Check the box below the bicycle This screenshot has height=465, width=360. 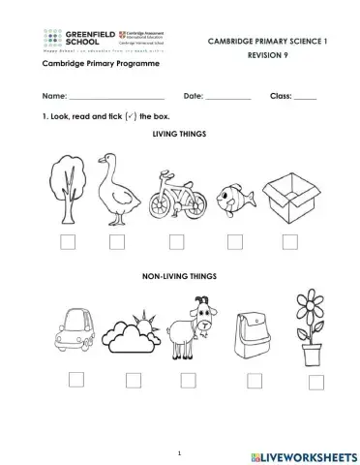click(176, 242)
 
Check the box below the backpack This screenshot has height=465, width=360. click(255, 379)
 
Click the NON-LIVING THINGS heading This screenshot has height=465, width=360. click(181, 276)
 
